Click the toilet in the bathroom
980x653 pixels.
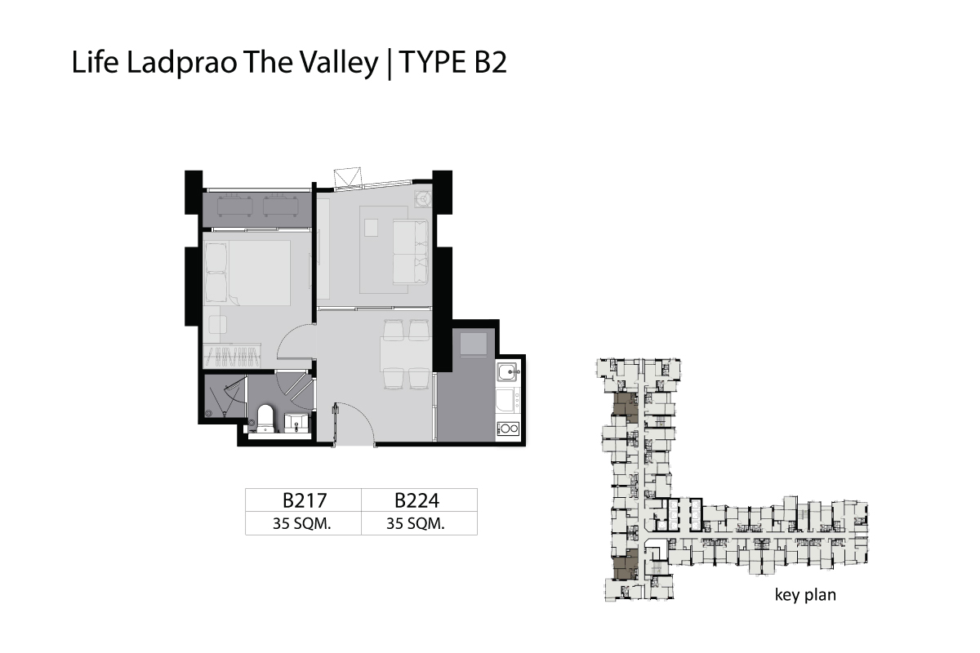click(x=265, y=419)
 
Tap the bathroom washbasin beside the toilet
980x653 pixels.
click(x=297, y=423)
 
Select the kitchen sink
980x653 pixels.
click(x=506, y=371)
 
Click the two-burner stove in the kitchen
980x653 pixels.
click(x=508, y=429)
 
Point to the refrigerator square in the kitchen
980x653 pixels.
click(x=474, y=344)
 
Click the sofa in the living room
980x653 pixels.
click(x=410, y=252)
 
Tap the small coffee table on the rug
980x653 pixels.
click(x=371, y=228)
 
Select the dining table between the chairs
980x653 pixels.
click(x=405, y=353)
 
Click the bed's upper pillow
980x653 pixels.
click(x=216, y=257)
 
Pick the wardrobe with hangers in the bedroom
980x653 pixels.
click(x=232, y=356)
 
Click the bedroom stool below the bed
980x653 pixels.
click(x=217, y=325)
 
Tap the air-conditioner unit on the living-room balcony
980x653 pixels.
click(x=423, y=199)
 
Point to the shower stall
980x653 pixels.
click(x=225, y=396)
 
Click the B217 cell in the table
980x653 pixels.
click(x=304, y=500)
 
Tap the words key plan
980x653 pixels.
click(x=805, y=595)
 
